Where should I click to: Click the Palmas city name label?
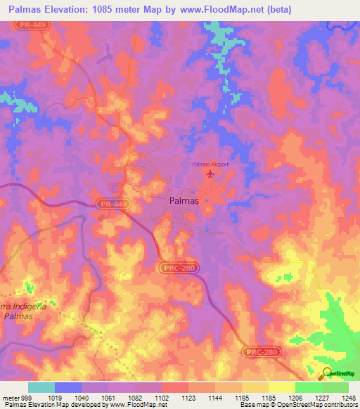184,200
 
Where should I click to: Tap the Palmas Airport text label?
210,164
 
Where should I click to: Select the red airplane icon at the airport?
210,173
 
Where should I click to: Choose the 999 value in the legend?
26,397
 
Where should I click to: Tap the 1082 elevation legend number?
135,397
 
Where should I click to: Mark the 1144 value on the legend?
215,397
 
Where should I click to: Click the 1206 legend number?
295,397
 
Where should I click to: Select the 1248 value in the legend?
348,397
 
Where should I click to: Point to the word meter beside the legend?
9,397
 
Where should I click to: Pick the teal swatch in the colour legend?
41,387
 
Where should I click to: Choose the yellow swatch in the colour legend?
281,387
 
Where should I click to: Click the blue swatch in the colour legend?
67,387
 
